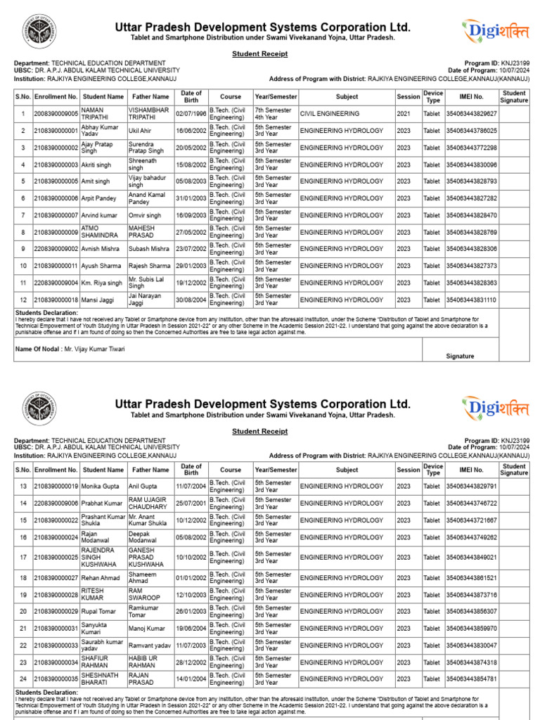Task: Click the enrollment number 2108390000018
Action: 56,300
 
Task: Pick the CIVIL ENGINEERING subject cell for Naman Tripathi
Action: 330,114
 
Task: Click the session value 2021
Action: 404,114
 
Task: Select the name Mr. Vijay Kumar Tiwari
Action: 89,348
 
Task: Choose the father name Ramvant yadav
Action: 150,645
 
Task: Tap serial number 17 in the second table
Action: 23,557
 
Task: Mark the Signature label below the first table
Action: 460,356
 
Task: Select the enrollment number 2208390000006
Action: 56,503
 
